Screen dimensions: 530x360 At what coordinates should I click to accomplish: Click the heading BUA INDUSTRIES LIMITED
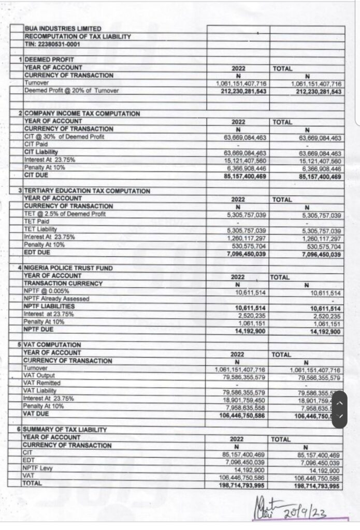63,29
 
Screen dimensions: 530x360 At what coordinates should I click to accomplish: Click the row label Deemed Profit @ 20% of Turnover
72,91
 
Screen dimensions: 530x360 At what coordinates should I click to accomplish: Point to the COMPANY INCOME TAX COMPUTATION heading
82,113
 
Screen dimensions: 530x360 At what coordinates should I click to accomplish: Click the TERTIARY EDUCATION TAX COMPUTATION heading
87,191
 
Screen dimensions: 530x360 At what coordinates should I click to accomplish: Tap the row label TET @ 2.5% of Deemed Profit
59,214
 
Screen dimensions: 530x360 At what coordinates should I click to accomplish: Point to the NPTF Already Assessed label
56,299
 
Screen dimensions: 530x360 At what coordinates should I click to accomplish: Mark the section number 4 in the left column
19,268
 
